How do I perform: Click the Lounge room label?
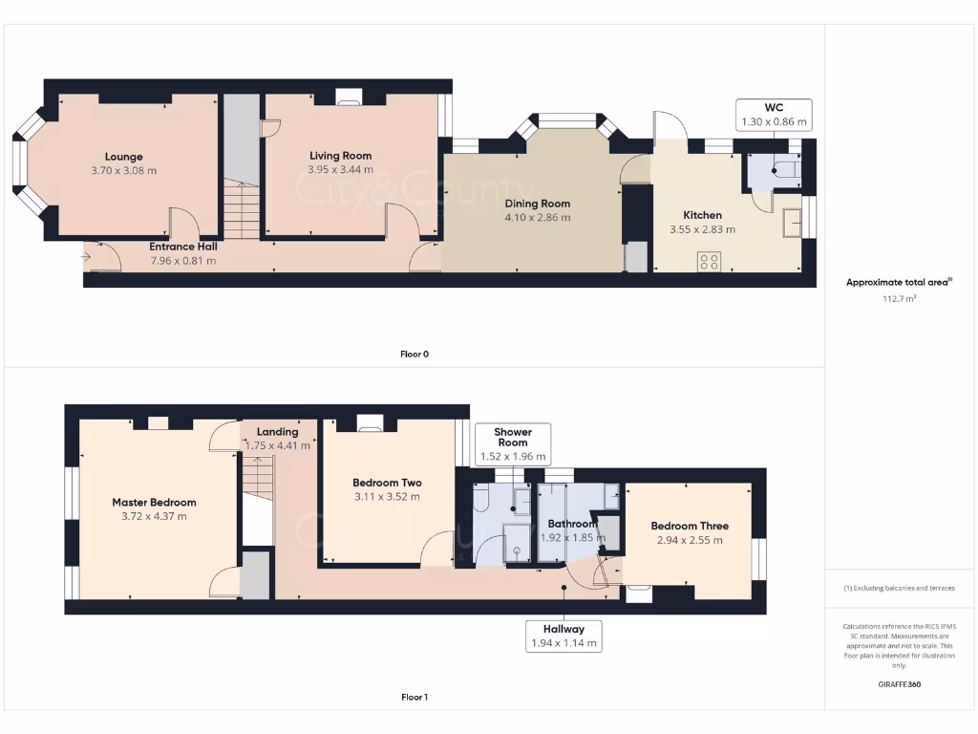click(x=124, y=157)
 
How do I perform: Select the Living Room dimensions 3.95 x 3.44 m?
click(x=340, y=170)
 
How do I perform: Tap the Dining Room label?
click(x=537, y=204)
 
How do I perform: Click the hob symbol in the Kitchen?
click(x=709, y=262)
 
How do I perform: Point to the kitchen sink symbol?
click(x=792, y=223)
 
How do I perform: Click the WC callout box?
click(x=774, y=115)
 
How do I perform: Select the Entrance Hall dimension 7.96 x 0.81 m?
click(x=182, y=260)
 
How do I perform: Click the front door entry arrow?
click(x=89, y=256)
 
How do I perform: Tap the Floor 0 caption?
click(x=415, y=354)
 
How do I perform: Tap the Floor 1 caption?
click(x=415, y=698)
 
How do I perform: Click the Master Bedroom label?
click(x=154, y=503)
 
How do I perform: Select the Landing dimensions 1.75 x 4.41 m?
click(x=278, y=445)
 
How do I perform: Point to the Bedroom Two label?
click(x=387, y=483)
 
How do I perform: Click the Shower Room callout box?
click(x=512, y=443)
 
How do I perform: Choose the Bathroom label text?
click(x=572, y=524)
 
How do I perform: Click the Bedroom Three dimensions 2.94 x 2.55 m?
click(x=690, y=540)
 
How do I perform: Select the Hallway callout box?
click(x=564, y=636)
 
